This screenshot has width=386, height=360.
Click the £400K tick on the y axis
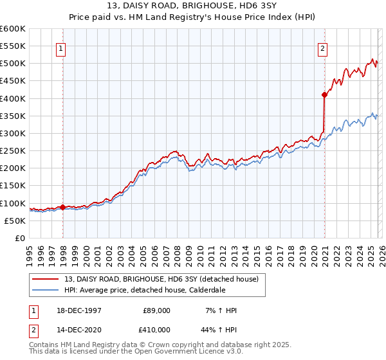tap(13, 98)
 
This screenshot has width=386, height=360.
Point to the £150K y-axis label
tap(13, 186)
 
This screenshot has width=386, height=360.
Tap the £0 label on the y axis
tap(19, 238)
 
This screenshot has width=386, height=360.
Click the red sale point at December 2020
tap(324, 95)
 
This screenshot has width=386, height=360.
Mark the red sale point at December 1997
tap(63, 207)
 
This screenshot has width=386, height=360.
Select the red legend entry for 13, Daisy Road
tap(161, 278)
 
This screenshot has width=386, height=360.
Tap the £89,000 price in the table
tap(156, 310)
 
